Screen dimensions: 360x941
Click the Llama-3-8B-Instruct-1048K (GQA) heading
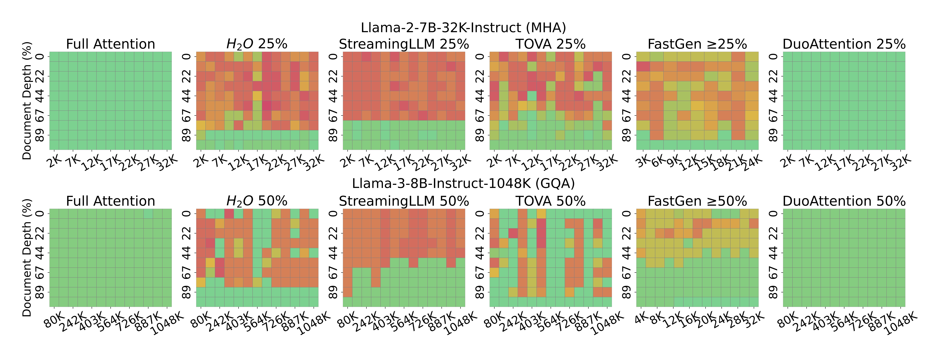tap(463, 183)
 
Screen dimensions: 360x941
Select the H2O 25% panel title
tap(257, 44)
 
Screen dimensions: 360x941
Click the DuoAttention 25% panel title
tap(844, 44)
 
